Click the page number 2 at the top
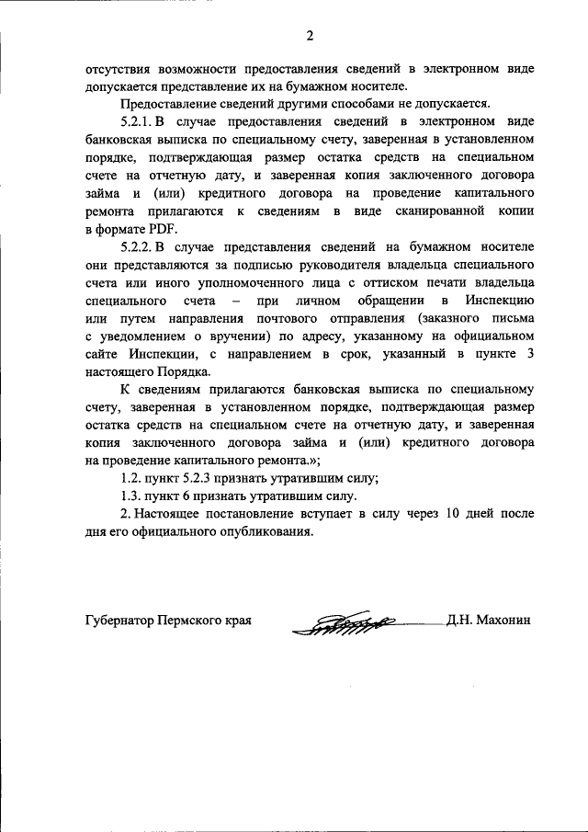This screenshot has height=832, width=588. click(x=310, y=37)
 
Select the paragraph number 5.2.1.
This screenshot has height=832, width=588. click(x=137, y=120)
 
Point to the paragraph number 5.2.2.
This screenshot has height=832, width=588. click(x=137, y=246)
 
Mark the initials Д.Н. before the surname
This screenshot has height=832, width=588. click(x=460, y=621)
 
